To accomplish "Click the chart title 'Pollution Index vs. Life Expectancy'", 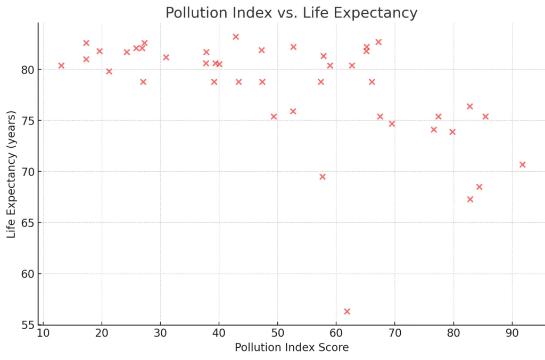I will pos(291,13).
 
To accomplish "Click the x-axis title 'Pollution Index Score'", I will pos(292,348).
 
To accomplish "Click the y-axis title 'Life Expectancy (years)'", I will pos(11,174).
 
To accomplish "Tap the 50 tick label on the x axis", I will pos(277,334).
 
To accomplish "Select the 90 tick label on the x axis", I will pos(512,334).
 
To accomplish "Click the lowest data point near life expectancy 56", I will pos(347,311).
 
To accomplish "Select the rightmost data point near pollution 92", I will pos(523,165).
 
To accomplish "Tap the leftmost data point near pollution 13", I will pos(61,65).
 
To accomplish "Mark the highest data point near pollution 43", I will pos(236,37).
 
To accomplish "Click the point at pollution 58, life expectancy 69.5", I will pos(323,177).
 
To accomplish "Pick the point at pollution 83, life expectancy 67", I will pos(470,199).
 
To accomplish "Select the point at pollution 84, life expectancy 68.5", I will pos(480,187).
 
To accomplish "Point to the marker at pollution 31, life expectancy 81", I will pos(166,57).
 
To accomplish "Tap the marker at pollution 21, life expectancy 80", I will pos(109,71).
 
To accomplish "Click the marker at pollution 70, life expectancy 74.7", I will pos(392,124).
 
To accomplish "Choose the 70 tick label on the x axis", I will pos(395,334).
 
